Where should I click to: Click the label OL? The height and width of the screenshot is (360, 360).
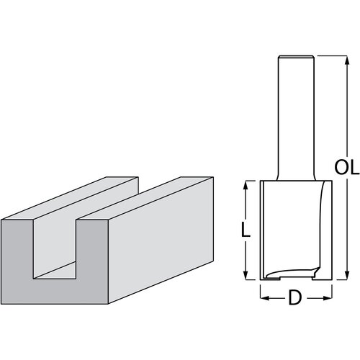point(346,169)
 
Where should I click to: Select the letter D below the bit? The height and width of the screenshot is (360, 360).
point(296,297)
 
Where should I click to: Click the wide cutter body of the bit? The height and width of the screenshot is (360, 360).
point(296,223)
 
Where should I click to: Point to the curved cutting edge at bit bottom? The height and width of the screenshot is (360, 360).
point(288,273)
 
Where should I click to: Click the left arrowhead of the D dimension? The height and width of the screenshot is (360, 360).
point(263,295)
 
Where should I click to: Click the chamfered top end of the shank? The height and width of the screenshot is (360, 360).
point(296,58)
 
